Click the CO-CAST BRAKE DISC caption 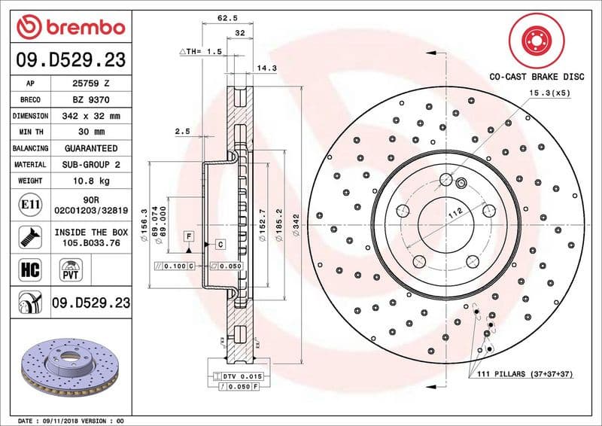click(536, 77)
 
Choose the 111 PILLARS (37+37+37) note click(525, 374)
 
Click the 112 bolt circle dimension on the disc click(455, 216)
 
